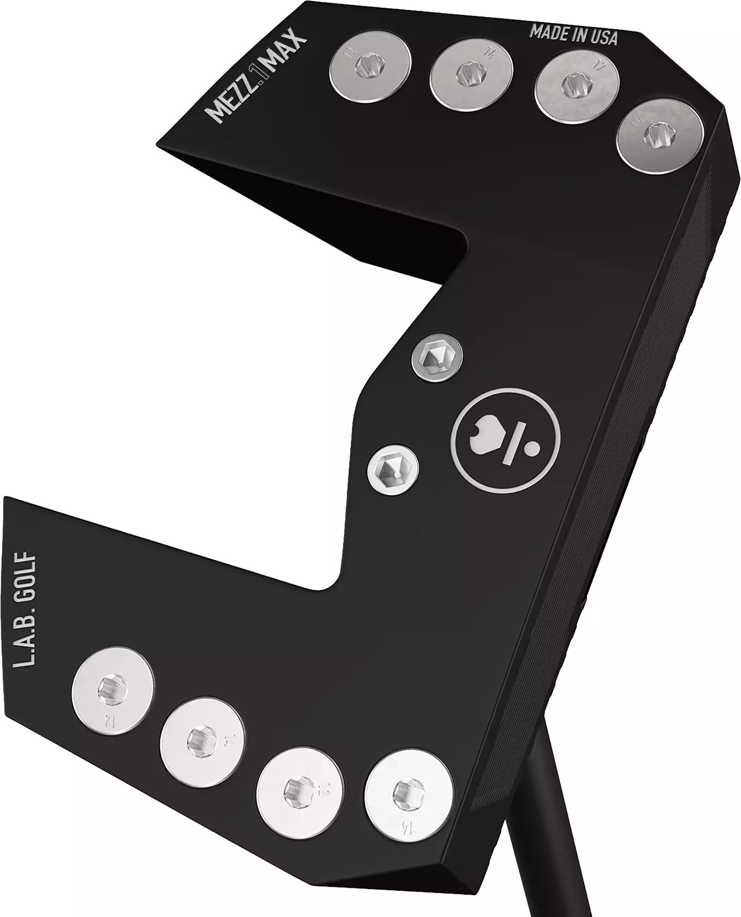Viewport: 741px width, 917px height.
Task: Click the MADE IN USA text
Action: tap(573, 34)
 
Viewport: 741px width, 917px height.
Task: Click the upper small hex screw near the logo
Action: tap(437, 358)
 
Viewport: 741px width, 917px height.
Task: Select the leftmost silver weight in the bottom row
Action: tap(113, 689)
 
